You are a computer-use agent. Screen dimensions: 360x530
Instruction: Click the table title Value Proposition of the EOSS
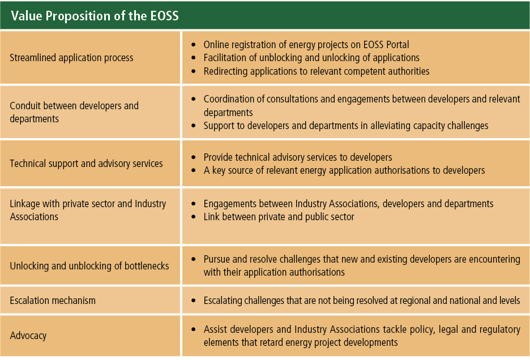coord(95,16)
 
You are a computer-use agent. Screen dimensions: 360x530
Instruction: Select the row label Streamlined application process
coord(72,58)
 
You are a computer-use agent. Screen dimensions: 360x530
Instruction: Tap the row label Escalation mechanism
coord(53,301)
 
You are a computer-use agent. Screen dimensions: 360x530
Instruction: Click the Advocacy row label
coord(28,336)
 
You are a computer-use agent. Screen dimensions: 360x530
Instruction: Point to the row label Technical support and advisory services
coord(86,164)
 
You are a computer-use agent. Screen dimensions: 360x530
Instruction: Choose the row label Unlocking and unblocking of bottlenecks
coord(89,265)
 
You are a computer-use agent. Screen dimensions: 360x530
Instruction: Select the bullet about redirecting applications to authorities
coord(317,71)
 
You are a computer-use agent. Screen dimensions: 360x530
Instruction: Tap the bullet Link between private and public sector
coord(279,217)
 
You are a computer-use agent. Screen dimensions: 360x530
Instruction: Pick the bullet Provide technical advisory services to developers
coord(298,157)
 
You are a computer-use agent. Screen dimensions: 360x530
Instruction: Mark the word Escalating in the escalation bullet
coord(224,301)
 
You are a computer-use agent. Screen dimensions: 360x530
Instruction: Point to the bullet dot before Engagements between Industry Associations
coord(194,203)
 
